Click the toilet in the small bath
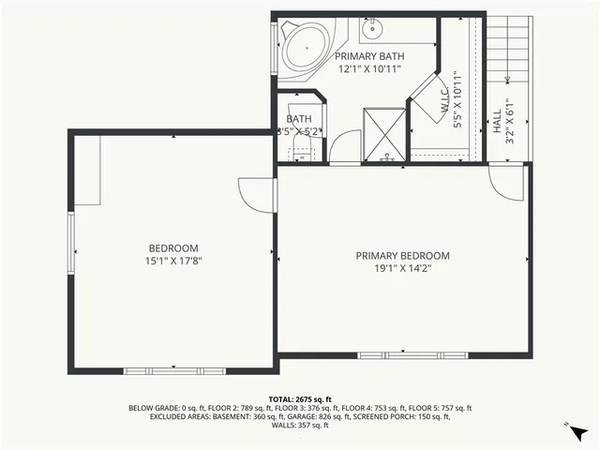300,150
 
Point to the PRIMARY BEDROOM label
402,255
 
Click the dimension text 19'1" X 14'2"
402,269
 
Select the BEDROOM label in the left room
172,247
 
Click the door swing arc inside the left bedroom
255,195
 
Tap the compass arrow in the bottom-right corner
577,433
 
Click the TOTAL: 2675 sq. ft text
300,399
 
